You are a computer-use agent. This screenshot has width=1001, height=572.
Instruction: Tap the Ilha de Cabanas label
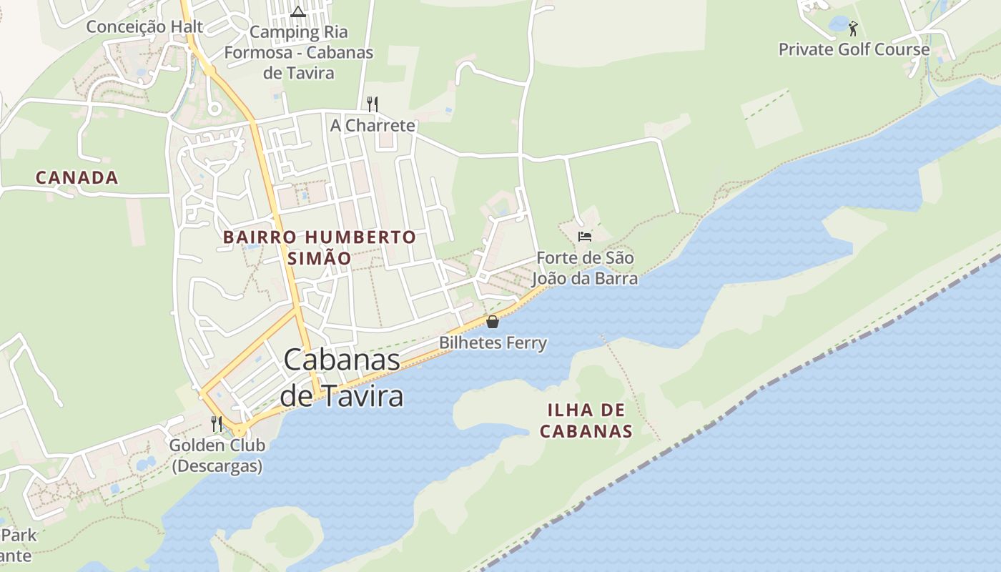pos(586,420)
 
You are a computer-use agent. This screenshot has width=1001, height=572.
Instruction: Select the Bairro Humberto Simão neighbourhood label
pos(319,247)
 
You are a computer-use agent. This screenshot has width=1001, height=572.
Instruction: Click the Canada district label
pos(77,178)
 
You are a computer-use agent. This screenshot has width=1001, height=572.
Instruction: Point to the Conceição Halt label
pos(144,27)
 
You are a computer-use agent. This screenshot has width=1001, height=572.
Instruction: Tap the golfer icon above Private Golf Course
pos(852,29)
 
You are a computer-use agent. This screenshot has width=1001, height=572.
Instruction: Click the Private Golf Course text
pos(854,50)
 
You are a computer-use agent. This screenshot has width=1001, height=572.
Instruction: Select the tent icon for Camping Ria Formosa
pos(298,11)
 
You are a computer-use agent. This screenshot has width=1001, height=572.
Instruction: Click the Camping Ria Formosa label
pos(298,52)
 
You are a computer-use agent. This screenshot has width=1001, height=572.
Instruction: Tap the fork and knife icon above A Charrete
pos(372,104)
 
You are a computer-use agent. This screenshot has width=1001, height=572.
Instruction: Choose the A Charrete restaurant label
pos(372,126)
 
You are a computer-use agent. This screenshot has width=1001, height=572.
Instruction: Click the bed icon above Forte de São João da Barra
pos(585,236)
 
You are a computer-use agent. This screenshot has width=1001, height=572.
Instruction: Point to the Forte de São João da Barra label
pos(584,268)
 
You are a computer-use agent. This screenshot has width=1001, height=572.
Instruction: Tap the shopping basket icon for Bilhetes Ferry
pos(492,322)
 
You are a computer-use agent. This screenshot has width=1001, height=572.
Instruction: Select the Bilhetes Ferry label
pos(493,343)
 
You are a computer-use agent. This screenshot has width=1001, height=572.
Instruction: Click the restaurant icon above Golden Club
pos(216,424)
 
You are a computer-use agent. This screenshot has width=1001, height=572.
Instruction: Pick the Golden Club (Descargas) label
pos(217,455)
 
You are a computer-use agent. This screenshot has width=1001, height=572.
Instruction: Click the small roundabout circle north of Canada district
pos(213,109)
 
